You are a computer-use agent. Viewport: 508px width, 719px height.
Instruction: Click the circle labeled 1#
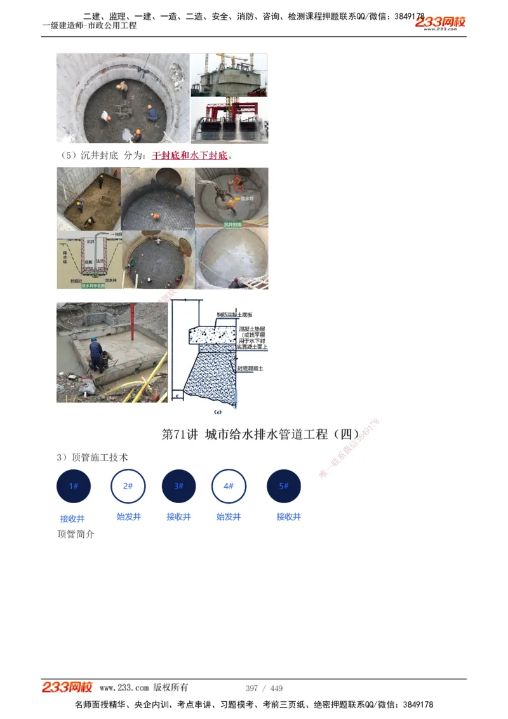(x=74, y=487)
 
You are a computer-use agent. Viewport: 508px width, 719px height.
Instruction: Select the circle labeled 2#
(x=128, y=486)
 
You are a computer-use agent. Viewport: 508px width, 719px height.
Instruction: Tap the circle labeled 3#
(x=178, y=487)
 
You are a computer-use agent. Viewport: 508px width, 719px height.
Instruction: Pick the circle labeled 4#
(x=229, y=487)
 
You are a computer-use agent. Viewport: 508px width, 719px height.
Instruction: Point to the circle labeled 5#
(x=284, y=487)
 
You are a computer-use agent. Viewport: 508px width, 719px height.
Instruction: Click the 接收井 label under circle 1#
(x=72, y=518)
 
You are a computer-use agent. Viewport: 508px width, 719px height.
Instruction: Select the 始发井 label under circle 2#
(x=129, y=517)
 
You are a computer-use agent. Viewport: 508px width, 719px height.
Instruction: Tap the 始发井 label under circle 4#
(x=229, y=517)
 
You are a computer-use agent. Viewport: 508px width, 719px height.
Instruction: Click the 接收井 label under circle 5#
(x=289, y=517)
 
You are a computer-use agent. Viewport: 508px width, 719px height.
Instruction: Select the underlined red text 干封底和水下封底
(x=189, y=156)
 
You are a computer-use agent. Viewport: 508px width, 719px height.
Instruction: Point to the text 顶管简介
(x=76, y=534)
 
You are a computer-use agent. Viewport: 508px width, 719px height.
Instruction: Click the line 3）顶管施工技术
(x=93, y=457)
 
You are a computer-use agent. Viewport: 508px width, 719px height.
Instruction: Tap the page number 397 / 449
(x=264, y=689)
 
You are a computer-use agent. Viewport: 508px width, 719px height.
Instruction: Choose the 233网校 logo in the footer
(x=67, y=687)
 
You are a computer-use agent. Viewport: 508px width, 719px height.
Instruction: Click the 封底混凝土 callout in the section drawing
(x=251, y=368)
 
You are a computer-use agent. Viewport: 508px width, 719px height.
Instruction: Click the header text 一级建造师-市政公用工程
(x=90, y=26)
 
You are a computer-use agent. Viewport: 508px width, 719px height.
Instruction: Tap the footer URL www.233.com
(x=124, y=688)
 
